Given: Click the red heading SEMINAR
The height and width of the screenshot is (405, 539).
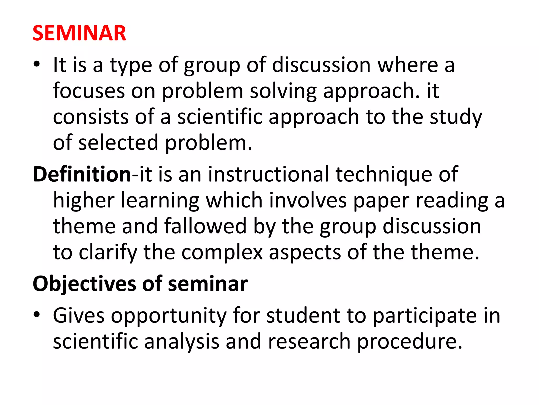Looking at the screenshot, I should [79, 33].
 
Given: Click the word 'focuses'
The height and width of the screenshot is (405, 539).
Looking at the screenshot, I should [89, 91].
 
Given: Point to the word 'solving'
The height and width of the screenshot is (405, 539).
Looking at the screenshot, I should [283, 91].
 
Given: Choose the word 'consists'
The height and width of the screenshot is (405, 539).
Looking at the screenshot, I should [91, 117].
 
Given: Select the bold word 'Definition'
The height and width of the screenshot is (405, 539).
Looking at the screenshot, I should [82, 174].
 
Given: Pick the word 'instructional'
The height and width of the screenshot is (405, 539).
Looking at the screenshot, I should [268, 174].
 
